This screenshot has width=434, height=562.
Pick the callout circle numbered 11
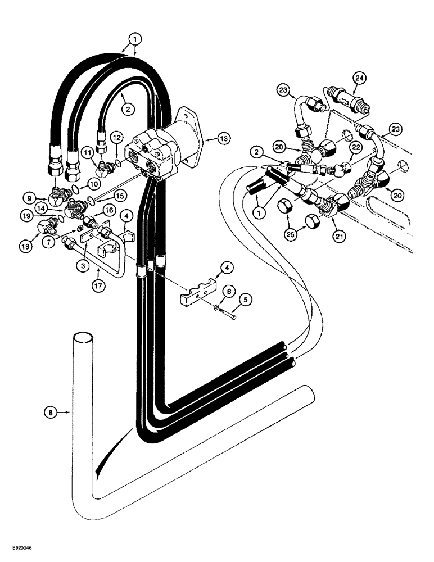[x=89, y=153]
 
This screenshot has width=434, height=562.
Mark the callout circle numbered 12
[x=117, y=137]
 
